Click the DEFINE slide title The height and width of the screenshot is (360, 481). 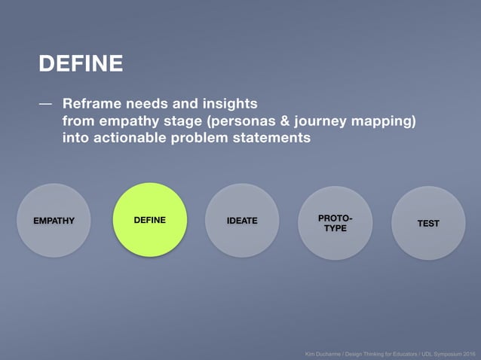(x=81, y=64)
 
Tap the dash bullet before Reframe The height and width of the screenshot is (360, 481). (x=46, y=103)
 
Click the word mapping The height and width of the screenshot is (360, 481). (x=384, y=121)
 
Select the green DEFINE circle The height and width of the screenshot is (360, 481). (x=149, y=219)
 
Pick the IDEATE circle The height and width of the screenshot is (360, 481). (x=242, y=220)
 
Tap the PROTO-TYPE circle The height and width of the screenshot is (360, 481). (x=335, y=223)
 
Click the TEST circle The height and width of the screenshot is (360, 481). (x=428, y=223)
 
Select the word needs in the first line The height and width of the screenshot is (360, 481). (x=149, y=103)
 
